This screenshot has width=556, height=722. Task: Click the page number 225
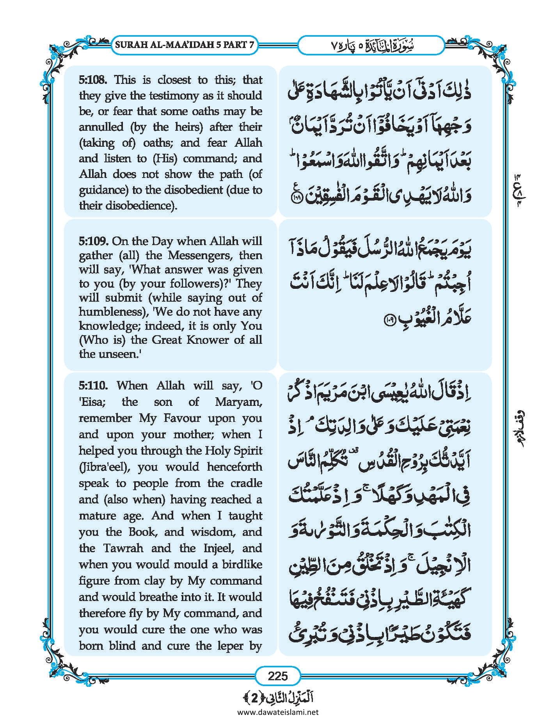click(277, 676)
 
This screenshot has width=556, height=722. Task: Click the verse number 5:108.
click(93, 80)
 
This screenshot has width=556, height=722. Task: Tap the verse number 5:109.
click(93, 241)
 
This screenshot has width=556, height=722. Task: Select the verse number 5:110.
click(93, 386)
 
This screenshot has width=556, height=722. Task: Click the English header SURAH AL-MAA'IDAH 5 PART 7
click(185, 44)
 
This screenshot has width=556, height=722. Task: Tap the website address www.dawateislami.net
click(277, 712)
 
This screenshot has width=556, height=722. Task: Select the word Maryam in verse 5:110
click(238, 402)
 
